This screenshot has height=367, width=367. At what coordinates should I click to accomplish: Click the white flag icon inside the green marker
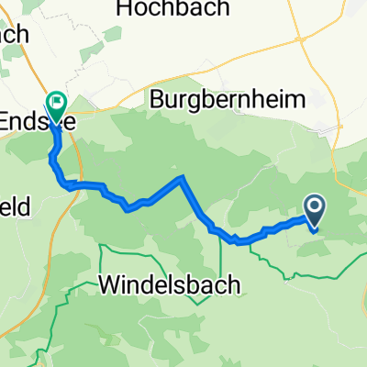click(57, 102)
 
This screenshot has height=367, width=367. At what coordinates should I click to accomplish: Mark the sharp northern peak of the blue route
click(183, 176)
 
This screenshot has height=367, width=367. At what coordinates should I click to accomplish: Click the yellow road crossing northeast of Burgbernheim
click(303, 41)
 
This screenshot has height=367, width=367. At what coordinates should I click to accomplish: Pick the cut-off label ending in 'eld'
click(17, 207)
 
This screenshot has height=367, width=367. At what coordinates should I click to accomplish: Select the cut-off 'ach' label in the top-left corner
click(14, 34)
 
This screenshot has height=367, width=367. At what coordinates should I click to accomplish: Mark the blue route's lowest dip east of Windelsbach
click(240, 243)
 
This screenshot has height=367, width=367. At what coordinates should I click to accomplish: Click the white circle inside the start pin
click(314, 208)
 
